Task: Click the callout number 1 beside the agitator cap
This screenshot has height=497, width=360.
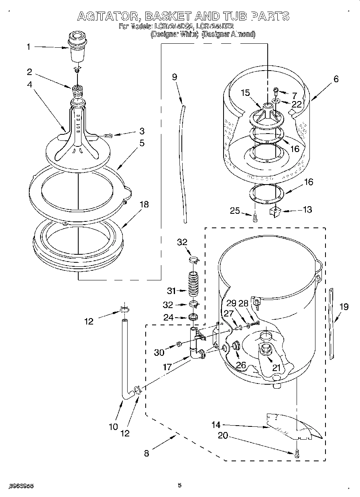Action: pos(28,47)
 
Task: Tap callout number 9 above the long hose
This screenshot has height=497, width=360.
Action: pos(175,77)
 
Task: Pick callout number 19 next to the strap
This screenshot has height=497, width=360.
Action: pos(344,307)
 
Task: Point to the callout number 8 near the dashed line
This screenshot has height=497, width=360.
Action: pos(146,454)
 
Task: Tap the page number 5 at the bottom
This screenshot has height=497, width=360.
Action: pos(180,485)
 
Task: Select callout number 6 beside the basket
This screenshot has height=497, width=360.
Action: pos(336,79)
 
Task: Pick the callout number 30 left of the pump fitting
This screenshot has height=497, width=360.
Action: pos(159,353)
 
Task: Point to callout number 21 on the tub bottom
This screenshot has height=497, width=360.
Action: pos(276,367)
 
